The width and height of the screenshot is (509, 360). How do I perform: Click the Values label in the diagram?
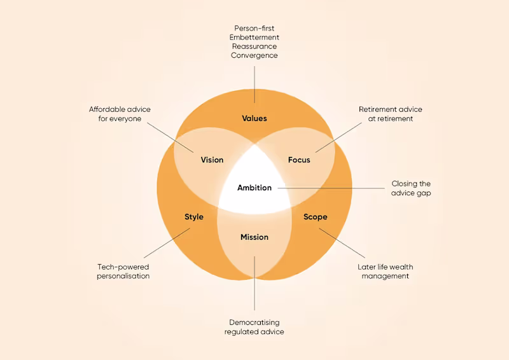[254, 118]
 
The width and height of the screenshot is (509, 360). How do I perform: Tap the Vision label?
[212, 160]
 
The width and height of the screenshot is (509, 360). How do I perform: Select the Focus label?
[299, 160]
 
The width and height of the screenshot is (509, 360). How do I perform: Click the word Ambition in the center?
[254, 188]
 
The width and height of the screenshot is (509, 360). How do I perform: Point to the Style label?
[194, 217]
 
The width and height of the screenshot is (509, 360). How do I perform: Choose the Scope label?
[315, 217]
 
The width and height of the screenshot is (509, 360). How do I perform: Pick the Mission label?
[254, 237]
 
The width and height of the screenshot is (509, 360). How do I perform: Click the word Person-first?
[254, 28]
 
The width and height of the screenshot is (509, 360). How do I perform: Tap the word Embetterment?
[254, 37]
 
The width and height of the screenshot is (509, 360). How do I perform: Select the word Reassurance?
[254, 46]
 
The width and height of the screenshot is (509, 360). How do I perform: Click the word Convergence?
[254, 55]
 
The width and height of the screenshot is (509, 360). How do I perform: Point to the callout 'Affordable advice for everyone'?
[120, 114]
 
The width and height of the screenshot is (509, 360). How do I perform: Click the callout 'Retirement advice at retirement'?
[390, 114]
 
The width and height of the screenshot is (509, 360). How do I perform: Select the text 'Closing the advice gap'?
[411, 188]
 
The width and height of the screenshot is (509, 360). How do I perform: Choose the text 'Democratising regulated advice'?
[254, 327]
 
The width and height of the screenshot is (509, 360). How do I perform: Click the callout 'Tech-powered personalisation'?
[123, 272]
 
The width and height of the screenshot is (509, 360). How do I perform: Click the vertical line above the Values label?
[254, 83]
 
